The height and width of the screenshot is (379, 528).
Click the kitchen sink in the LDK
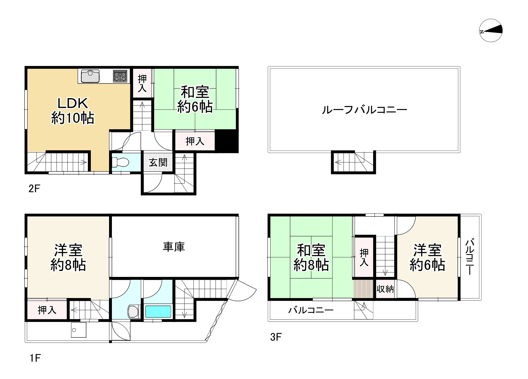click(x=90, y=76)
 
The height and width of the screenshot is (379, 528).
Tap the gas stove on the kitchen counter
click(x=120, y=76)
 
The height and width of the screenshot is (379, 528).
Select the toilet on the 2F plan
click(x=120, y=163)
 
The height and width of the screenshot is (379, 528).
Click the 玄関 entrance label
click(x=158, y=162)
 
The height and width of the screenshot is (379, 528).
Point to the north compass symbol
click(x=491, y=31)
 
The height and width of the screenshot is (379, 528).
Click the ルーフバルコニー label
click(x=364, y=109)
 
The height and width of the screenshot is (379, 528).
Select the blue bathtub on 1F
click(x=158, y=311)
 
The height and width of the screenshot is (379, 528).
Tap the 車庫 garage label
click(x=174, y=247)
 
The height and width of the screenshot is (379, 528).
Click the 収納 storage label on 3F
click(x=385, y=289)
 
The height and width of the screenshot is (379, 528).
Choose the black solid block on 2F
click(x=227, y=141)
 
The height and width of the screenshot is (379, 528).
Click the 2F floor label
click(x=35, y=188)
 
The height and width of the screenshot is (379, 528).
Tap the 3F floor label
click(x=276, y=337)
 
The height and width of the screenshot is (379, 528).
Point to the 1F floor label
click(x=35, y=358)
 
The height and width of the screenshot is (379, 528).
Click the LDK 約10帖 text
click(x=73, y=111)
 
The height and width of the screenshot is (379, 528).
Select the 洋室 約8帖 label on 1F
click(x=68, y=258)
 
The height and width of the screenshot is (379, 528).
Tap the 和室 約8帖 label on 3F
click(x=311, y=258)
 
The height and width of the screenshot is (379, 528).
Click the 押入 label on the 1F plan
click(x=47, y=310)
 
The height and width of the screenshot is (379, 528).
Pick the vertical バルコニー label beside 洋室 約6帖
click(x=470, y=257)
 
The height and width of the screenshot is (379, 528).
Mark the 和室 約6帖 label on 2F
click(x=195, y=100)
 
